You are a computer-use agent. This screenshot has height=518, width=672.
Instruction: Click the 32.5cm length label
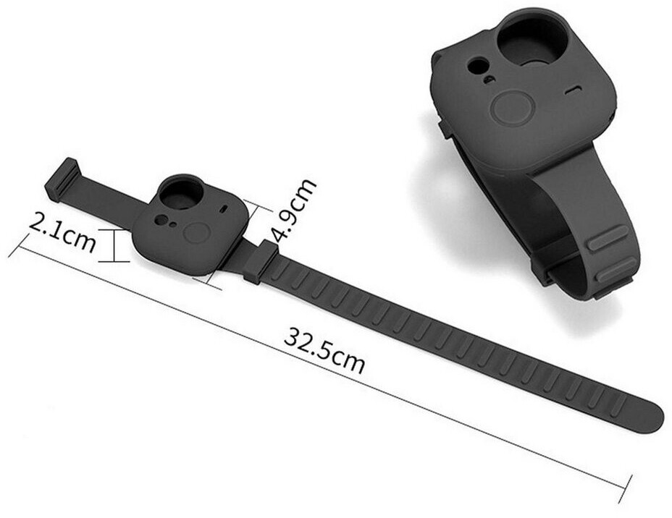[x=324, y=351]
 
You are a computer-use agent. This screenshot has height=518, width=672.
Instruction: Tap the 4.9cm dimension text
[x=293, y=209]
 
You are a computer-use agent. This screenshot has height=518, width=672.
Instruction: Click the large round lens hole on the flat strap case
[x=179, y=193]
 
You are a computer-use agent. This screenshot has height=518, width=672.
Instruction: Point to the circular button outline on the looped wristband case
[x=512, y=108]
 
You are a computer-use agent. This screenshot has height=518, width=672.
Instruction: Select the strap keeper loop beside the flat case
[x=261, y=262]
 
